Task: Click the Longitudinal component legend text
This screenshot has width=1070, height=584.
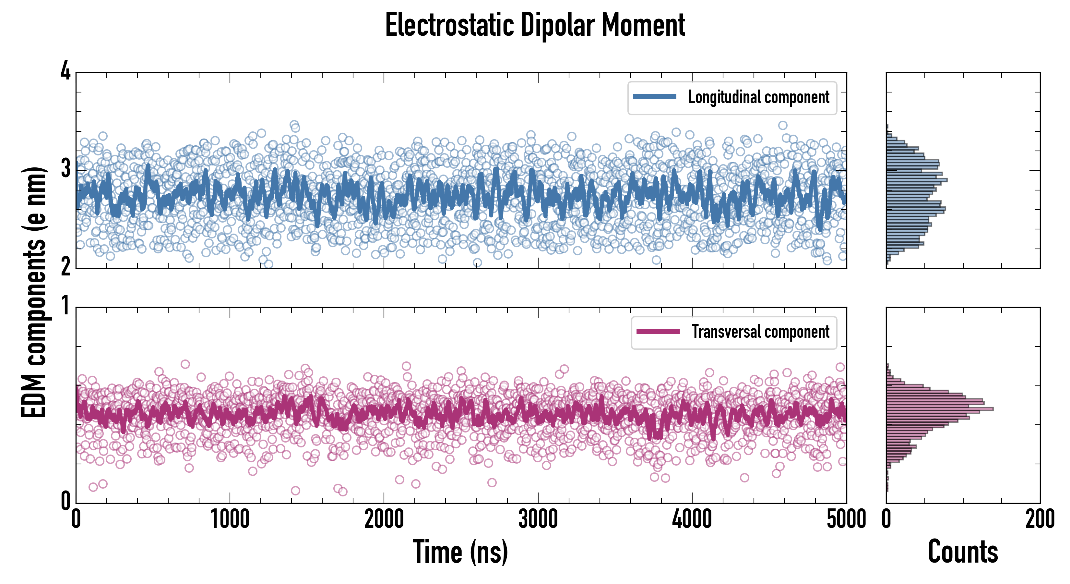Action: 758,97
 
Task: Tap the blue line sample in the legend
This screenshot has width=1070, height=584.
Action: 654,97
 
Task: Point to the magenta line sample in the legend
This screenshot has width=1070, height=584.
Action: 658,332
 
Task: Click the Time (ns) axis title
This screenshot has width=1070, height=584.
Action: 460,552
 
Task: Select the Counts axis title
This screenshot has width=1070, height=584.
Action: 963,552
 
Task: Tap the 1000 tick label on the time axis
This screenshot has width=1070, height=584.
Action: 230,519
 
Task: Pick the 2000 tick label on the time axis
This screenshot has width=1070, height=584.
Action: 384,519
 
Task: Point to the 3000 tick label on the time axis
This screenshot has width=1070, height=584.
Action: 538,519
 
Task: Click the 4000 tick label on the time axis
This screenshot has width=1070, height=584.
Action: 692,519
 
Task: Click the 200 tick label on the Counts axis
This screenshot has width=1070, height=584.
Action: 1040,519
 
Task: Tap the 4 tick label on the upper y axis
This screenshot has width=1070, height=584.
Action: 65,71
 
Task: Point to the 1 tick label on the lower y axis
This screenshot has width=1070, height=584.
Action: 65,306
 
